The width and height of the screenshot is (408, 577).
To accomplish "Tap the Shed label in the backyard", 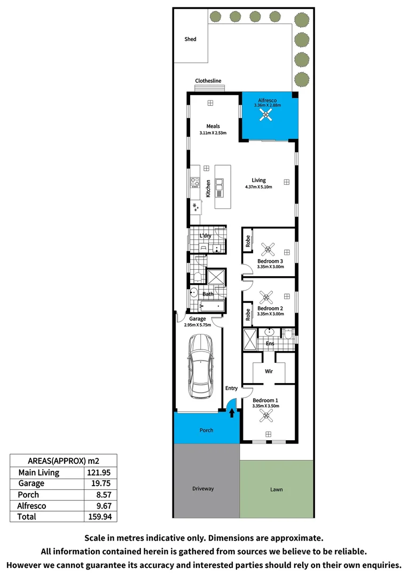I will tap(190, 39).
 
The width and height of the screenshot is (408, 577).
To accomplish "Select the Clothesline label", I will tap(208, 81).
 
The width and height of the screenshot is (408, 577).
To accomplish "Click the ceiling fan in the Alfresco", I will tap(267, 116).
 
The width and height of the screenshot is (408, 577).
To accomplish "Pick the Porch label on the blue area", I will tap(206, 430).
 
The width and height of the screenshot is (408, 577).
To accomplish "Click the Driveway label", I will tap(203, 488).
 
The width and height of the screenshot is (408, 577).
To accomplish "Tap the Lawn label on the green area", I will tap(276, 489).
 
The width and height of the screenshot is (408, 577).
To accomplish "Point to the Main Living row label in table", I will tap(39, 472).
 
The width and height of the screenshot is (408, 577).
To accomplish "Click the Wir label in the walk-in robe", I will tap(269, 370).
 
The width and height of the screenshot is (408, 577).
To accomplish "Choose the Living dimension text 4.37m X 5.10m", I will tap(258, 187).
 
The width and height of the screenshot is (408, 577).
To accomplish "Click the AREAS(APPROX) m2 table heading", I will tap(63, 461).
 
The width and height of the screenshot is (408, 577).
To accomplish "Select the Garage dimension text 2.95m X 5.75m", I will tap(197, 325).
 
